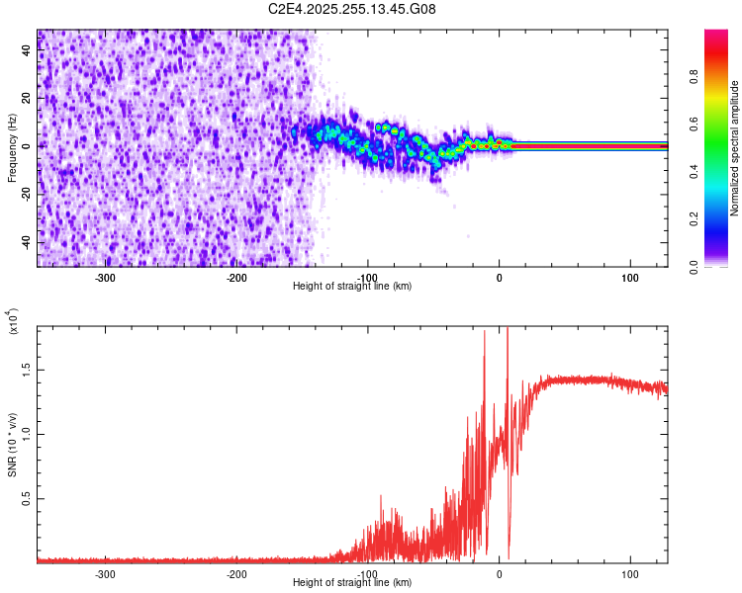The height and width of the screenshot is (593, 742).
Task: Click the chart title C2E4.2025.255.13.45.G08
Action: click(352, 9)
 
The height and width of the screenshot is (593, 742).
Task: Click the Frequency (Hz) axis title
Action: click(12, 147)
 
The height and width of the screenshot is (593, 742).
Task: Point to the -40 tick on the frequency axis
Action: click(26, 243)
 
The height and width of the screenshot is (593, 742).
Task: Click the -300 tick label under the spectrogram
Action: click(105, 277)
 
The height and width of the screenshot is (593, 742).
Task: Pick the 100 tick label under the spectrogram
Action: click(629, 277)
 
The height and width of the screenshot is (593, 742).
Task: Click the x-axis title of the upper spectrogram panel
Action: click(352, 287)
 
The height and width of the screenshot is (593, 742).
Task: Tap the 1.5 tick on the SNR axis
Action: click(26, 371)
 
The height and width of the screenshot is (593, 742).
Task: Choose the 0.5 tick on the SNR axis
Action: click(26, 500)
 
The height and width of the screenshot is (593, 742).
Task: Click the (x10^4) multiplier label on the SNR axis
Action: click(12, 322)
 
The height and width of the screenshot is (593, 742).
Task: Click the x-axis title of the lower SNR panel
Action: click(352, 583)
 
